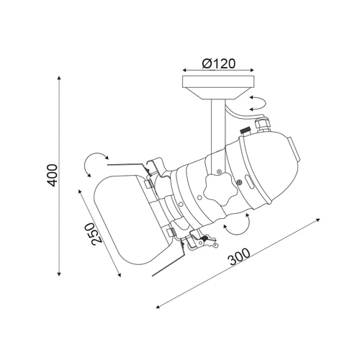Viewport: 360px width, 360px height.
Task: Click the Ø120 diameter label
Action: (x=219, y=64)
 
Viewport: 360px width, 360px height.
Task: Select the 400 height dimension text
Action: (x=52, y=175)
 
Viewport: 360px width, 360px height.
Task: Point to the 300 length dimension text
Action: (x=239, y=256)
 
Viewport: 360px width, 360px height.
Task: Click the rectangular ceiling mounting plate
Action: (x=218, y=81)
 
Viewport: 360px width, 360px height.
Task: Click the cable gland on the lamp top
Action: (x=264, y=124)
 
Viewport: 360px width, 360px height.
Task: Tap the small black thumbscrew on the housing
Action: (x=246, y=132)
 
